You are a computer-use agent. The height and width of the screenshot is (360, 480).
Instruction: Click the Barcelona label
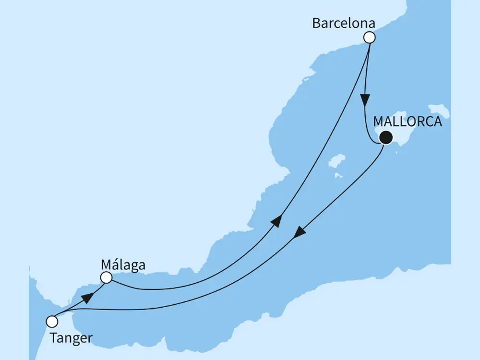click(x=343, y=23)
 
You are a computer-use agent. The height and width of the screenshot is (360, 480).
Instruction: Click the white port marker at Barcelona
click(x=369, y=37)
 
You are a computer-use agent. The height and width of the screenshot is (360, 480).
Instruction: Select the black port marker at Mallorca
click(x=385, y=138)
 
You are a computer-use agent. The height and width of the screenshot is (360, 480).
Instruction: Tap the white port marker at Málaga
click(x=106, y=277)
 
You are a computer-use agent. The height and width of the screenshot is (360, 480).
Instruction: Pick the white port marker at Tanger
click(x=52, y=320)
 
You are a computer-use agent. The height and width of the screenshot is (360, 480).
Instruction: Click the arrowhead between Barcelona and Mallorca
click(x=366, y=100)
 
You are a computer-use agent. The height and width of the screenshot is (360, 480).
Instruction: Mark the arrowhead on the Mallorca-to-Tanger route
click(x=300, y=232)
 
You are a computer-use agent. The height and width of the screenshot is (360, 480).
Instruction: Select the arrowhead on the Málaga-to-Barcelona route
click(x=276, y=221)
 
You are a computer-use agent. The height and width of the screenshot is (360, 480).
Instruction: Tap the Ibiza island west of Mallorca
click(x=337, y=162)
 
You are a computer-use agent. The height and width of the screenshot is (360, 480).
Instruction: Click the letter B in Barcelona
click(x=316, y=23)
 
